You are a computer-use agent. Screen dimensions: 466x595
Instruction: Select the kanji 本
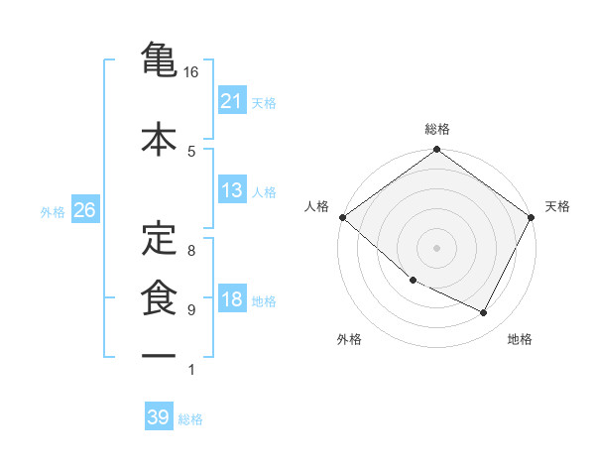(x=159, y=138)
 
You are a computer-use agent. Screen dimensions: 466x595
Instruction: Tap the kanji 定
(x=159, y=237)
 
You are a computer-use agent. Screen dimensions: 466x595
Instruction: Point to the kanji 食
(x=159, y=295)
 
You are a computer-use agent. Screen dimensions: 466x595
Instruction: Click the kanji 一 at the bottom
(x=159, y=354)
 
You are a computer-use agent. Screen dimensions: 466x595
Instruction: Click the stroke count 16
(x=191, y=72)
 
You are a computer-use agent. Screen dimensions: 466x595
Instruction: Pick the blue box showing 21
(x=231, y=101)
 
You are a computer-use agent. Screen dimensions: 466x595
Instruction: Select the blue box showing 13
(x=231, y=190)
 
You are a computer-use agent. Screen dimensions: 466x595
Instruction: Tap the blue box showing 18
(x=231, y=299)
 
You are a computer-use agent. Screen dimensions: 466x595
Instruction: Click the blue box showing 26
(x=84, y=210)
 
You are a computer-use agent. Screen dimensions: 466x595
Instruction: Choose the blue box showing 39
(x=158, y=417)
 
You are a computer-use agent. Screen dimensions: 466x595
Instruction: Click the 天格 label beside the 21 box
(x=264, y=102)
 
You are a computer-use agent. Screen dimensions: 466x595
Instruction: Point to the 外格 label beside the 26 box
(x=52, y=211)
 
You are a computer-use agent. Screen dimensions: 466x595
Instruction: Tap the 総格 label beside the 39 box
(x=190, y=418)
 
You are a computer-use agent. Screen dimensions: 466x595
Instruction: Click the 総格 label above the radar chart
(x=436, y=130)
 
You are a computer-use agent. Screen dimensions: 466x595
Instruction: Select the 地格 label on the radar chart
(x=520, y=339)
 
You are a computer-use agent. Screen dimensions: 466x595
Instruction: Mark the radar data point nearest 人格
(x=342, y=217)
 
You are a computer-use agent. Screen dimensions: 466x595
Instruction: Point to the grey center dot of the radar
(x=436, y=247)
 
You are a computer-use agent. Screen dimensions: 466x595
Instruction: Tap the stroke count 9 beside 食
(x=191, y=309)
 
